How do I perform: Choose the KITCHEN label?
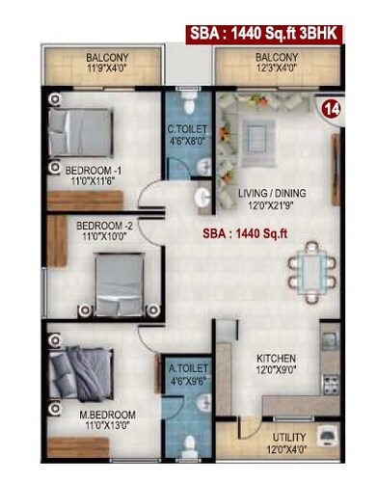275,358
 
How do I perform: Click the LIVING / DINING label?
275,193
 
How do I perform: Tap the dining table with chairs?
308,267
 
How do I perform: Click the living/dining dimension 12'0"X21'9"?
275,204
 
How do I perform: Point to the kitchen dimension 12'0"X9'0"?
275,369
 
